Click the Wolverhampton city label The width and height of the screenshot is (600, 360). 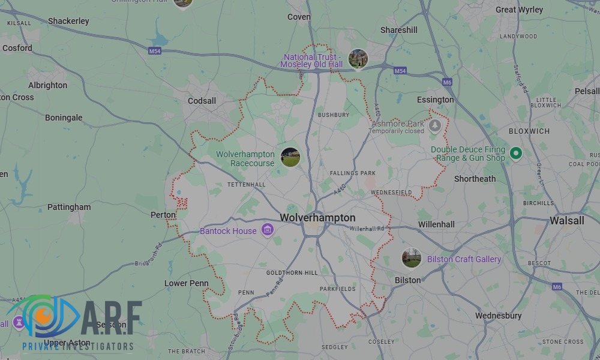tap(317, 218)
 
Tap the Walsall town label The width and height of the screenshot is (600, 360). tap(566, 221)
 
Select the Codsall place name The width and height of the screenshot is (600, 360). tap(202, 101)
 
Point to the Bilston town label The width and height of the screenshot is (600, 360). tap(407, 280)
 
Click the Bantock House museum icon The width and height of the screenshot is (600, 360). tap(268, 230)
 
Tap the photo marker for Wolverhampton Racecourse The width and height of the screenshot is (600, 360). tap(290, 157)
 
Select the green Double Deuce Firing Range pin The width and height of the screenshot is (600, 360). tap(515, 154)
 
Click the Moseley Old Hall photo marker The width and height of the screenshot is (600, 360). tap(358, 59)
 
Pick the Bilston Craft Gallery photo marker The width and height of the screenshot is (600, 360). tap(411, 259)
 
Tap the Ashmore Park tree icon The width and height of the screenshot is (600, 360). tap(435, 126)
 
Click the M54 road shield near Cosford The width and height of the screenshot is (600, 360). tap(155, 52)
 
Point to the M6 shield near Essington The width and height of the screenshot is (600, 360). tap(447, 82)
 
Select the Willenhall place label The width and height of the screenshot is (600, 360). tap(436, 224)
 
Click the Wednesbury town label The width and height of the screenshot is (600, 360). tap(498, 316)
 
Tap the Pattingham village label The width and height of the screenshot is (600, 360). tap(69, 207)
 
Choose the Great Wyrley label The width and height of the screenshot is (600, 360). tap(519, 10)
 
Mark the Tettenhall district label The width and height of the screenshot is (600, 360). tap(246, 184)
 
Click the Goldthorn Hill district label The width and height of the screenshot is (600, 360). tap(292, 272)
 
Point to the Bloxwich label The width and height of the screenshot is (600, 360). tap(529, 131)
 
